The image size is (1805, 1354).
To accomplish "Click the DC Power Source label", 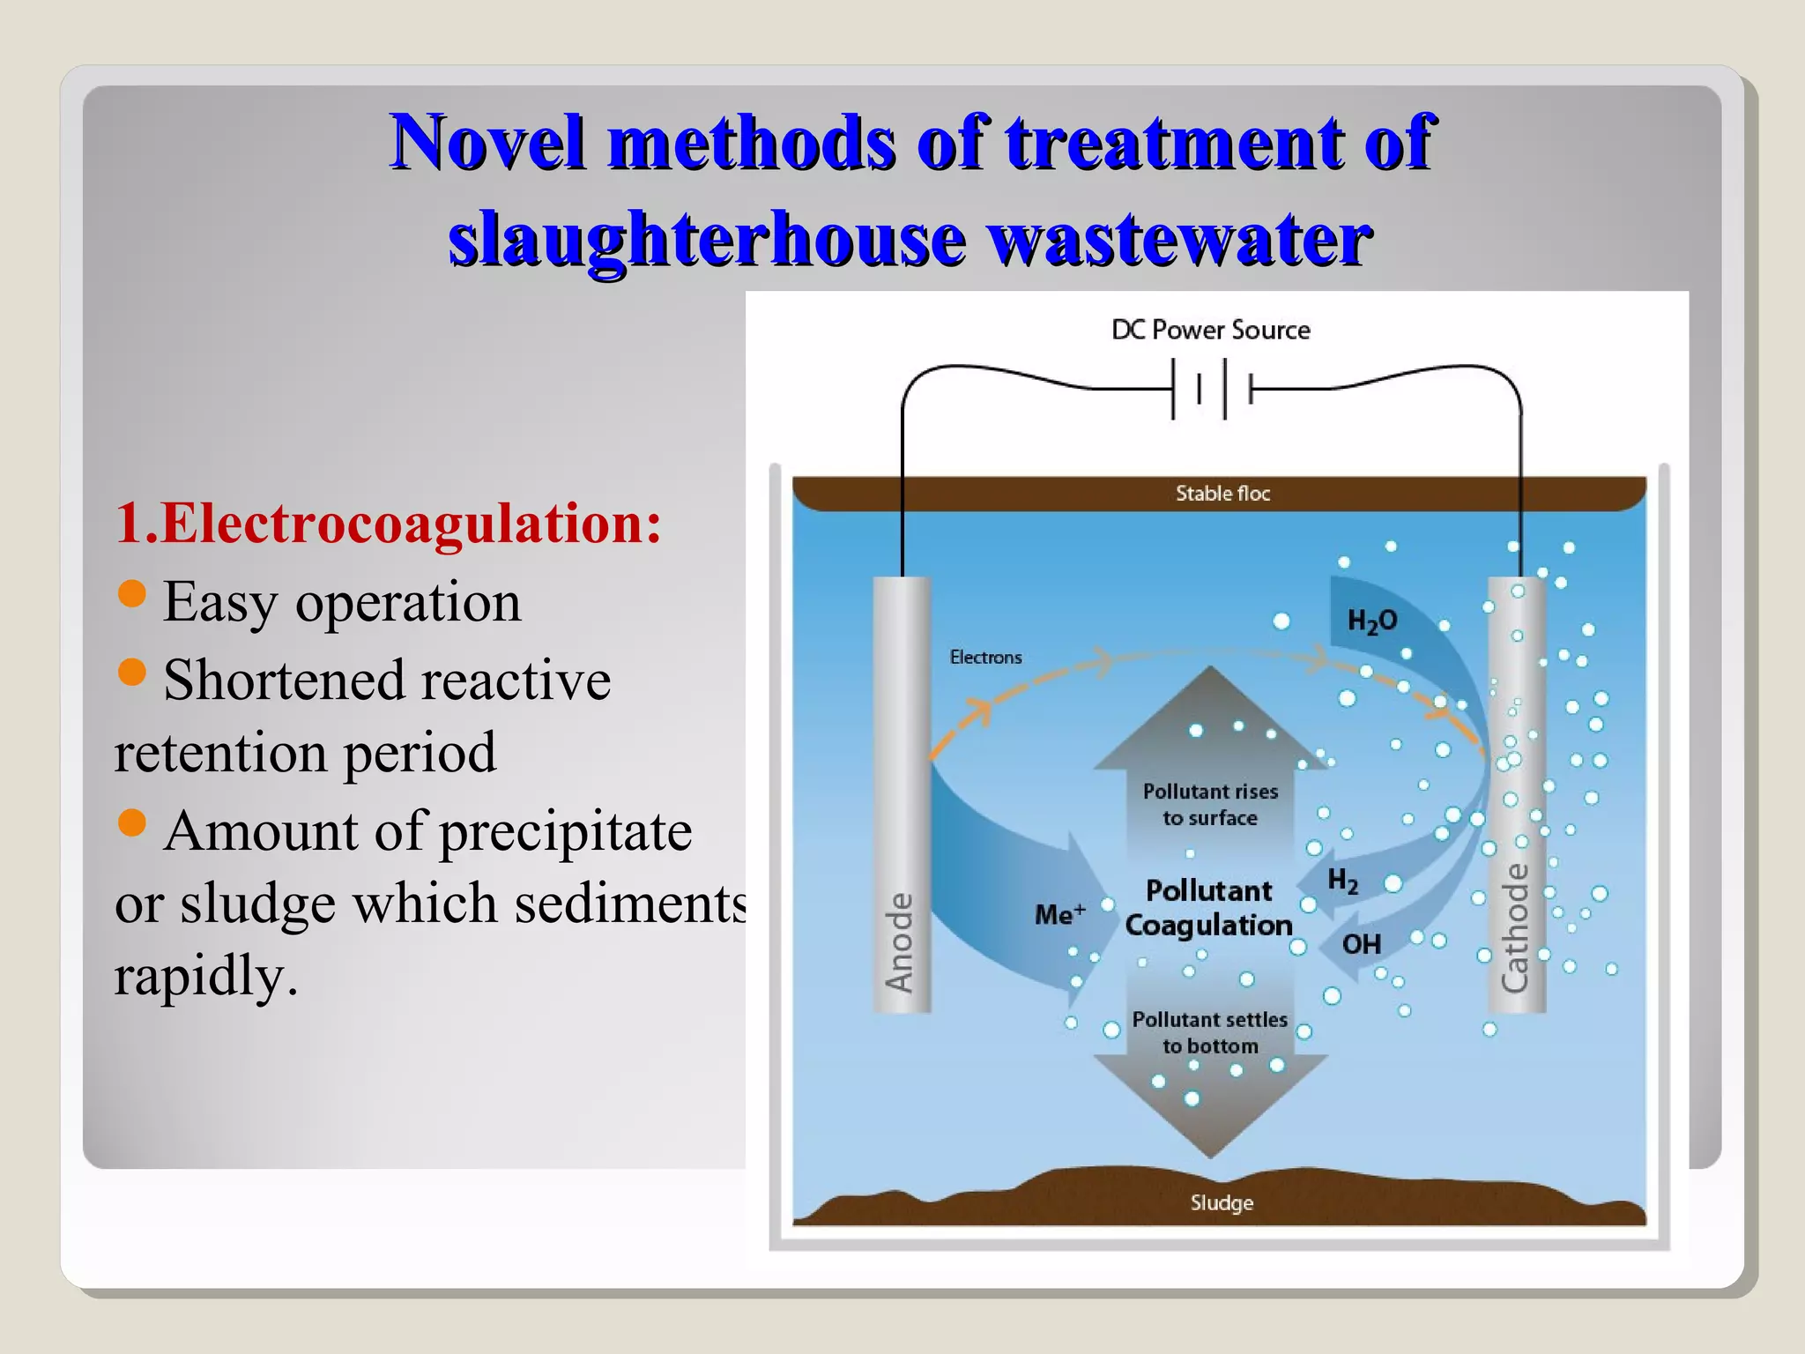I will pos(1210,330).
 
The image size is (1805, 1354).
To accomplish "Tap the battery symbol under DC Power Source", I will pos(1212,389).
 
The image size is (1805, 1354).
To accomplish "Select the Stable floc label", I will pos(1222,494).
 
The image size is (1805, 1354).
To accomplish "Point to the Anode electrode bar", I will pos(901,793).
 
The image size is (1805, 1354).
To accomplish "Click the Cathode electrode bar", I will pos(1516,793).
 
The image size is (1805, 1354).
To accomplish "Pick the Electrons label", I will pos(985,658).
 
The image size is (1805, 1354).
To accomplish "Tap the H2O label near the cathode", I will pos(1372,621).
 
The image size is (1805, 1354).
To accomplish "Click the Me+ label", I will pos(1059,914).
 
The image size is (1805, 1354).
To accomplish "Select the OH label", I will pos(1361,945).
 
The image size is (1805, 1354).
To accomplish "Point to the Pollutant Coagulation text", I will pos(1209,908).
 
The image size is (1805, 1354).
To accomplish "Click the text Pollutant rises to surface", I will pos(1210,805).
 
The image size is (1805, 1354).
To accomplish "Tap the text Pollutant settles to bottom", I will pos(1210,1032).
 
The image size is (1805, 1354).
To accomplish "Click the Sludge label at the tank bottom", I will pos(1222,1202).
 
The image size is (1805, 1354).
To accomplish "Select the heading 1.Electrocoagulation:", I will pos(388,523).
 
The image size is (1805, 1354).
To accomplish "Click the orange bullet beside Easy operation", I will pos(131,594).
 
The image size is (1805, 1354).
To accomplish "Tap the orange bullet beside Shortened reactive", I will pos(131,673).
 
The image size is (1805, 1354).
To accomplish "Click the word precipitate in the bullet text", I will pos(565,831).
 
